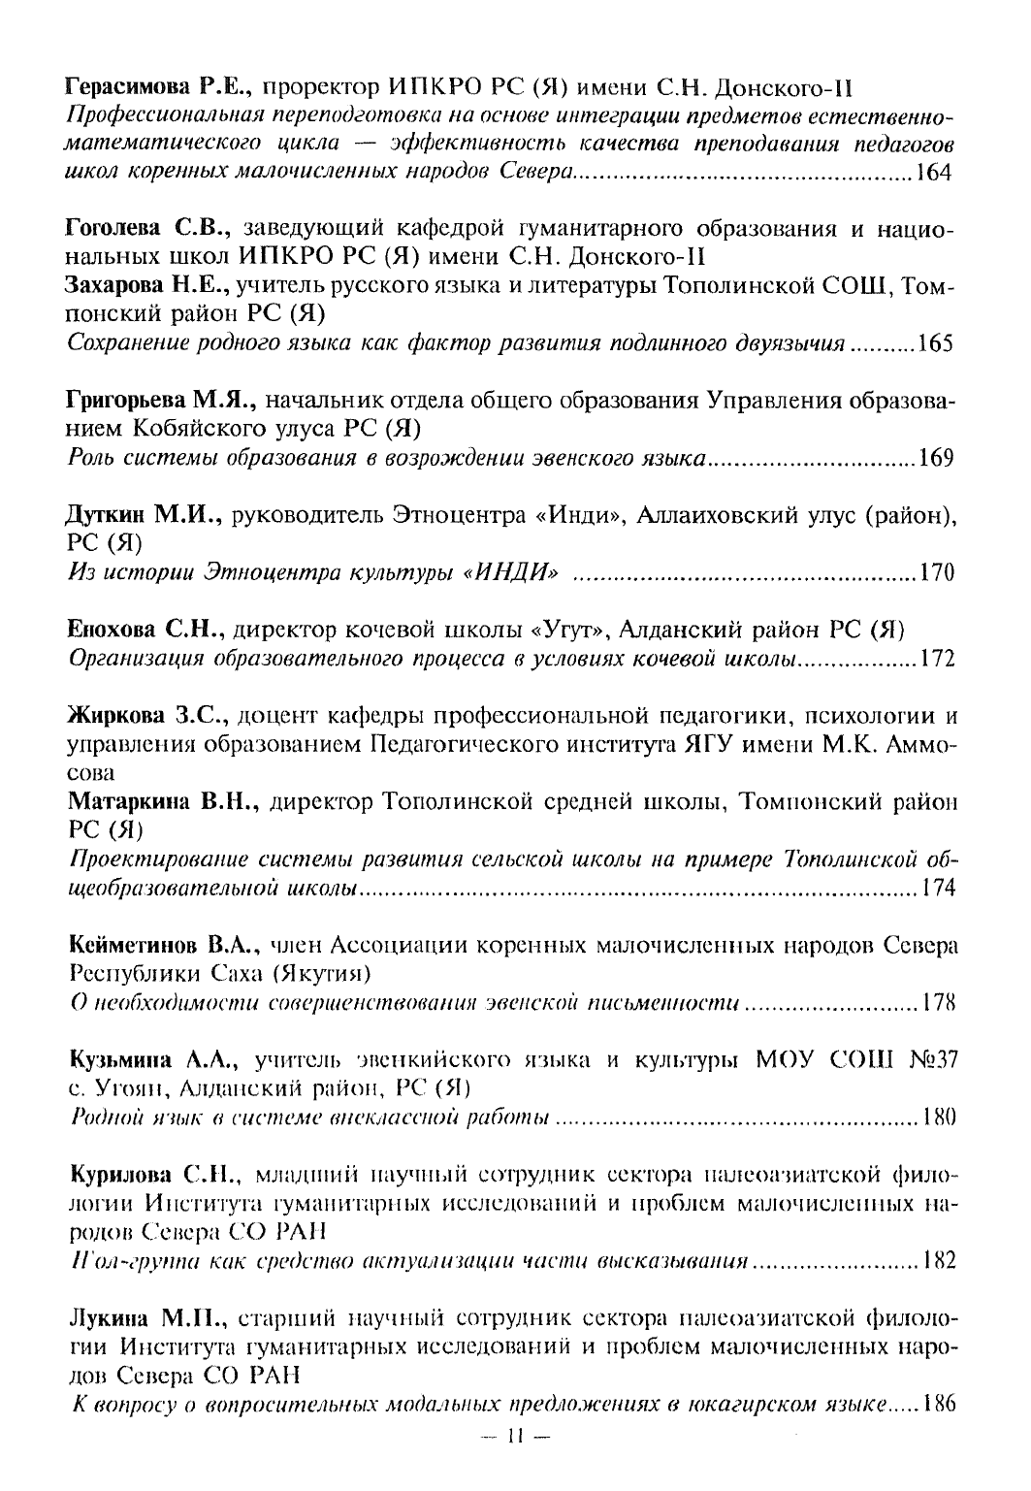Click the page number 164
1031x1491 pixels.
pyautogui.click(x=937, y=174)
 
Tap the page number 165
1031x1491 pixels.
pyautogui.click(x=937, y=344)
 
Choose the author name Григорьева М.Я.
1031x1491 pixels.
pyautogui.click(x=161, y=402)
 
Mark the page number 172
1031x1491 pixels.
pyautogui.click(x=937, y=660)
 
